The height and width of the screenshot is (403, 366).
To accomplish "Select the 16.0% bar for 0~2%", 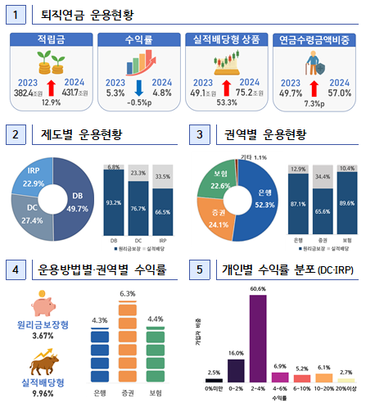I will pos(235,370).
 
